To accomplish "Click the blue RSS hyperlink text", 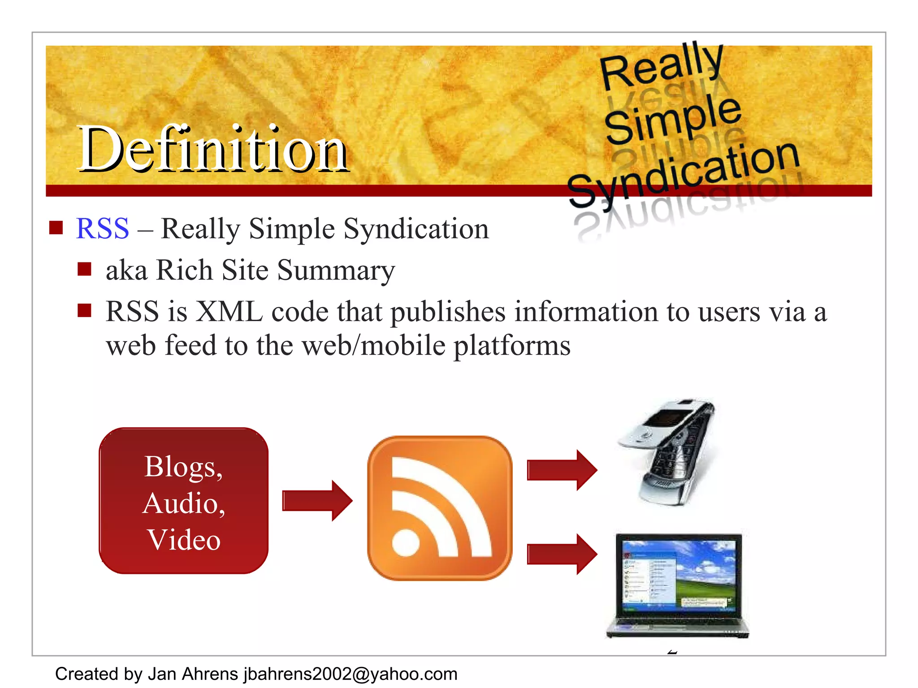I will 103,228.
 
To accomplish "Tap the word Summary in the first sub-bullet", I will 336,271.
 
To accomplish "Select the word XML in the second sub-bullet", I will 229,312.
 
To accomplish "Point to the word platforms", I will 512,346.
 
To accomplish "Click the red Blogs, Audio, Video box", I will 183,500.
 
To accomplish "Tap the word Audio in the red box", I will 183,503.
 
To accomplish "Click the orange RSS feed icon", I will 440,508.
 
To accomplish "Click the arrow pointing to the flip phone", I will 562,470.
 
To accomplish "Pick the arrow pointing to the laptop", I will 562,554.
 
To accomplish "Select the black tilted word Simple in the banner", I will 672,119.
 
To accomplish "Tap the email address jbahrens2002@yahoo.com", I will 350,674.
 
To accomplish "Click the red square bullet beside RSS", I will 56,228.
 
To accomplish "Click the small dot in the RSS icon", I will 406,542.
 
